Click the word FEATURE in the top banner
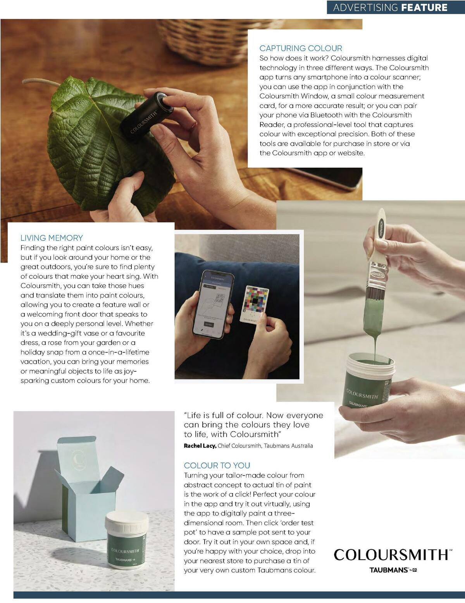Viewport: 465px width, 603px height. (424, 7)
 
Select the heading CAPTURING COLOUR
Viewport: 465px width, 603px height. (301, 48)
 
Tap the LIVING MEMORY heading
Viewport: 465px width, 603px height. (52, 238)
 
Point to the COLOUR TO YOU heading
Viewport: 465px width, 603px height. (217, 466)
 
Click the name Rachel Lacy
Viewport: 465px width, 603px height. (200, 446)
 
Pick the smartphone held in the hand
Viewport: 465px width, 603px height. (214, 304)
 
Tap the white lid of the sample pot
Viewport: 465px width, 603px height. (127, 521)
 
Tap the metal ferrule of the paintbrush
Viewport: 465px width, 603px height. (377, 274)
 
